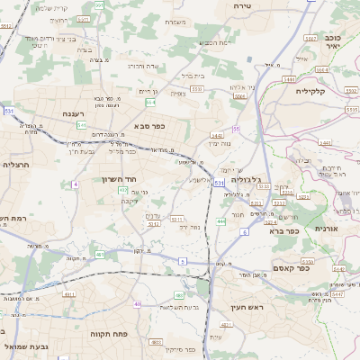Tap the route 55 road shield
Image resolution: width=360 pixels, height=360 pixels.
coord(236,130)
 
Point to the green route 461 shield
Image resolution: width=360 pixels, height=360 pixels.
coord(100,255)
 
